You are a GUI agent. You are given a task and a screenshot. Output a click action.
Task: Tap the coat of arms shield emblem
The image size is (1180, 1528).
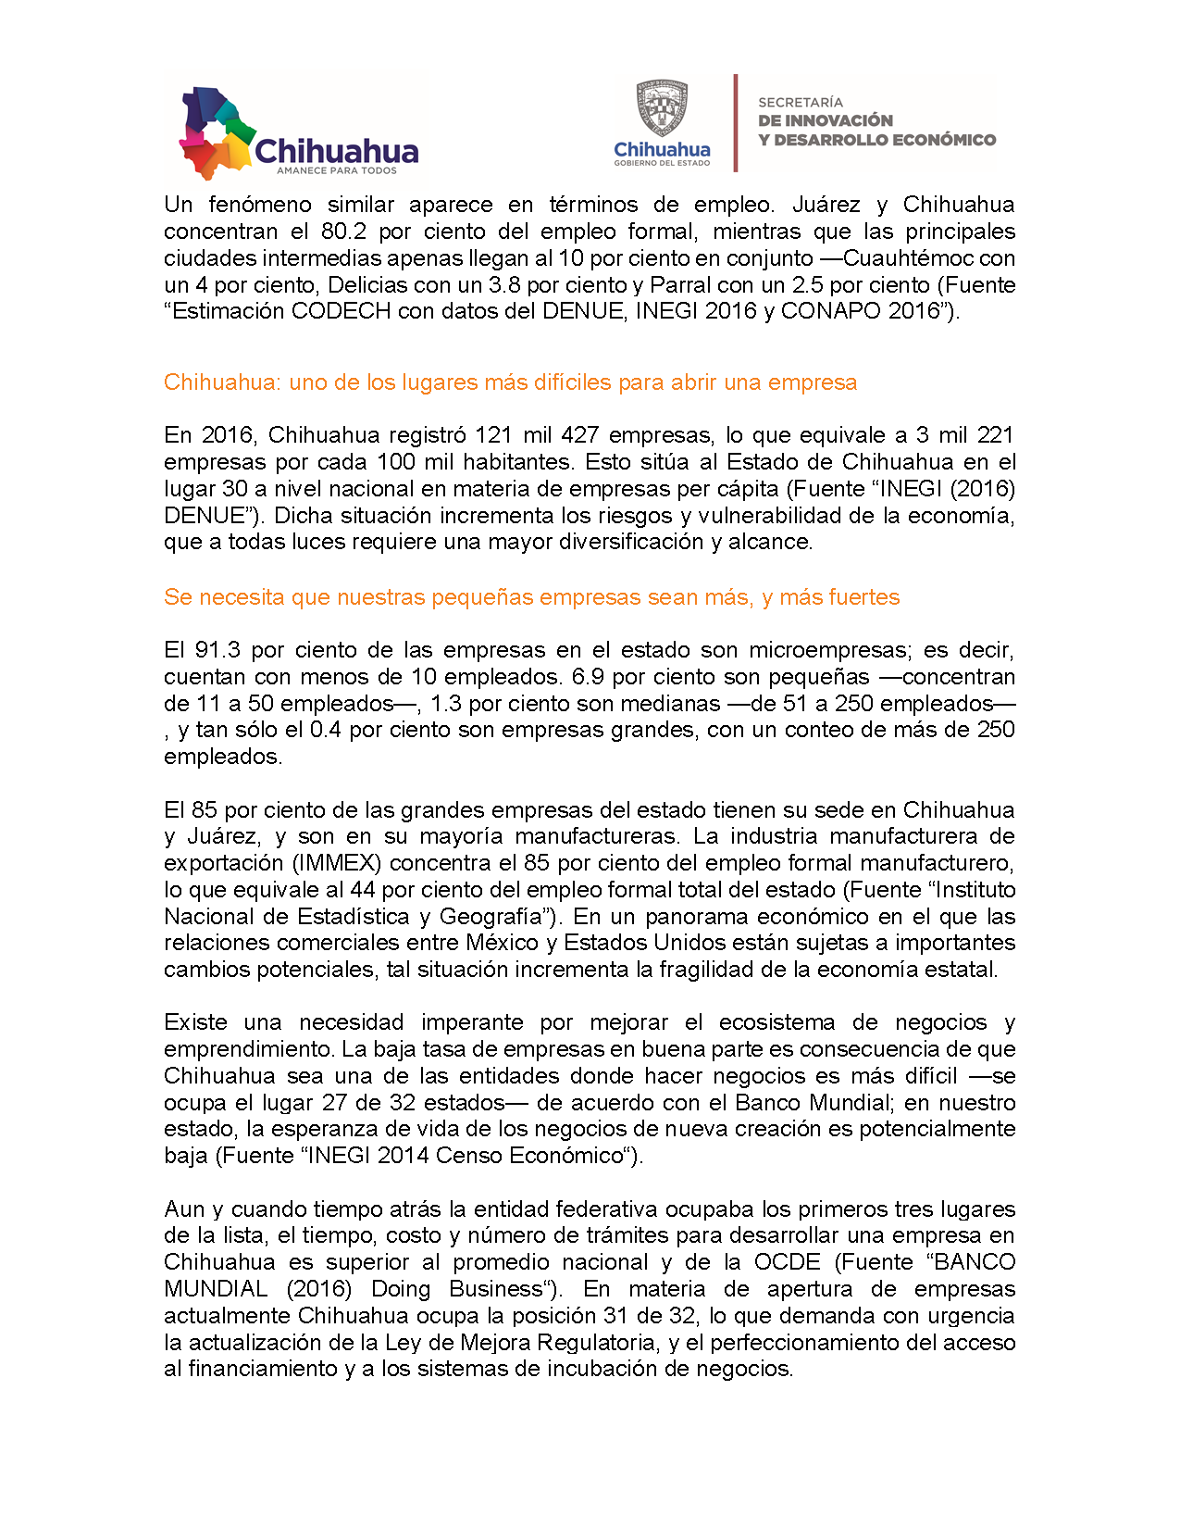coord(662,108)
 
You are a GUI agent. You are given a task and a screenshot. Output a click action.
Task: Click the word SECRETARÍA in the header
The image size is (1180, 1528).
coord(801,102)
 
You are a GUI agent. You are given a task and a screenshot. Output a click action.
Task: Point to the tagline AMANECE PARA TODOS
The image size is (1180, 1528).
coord(337,170)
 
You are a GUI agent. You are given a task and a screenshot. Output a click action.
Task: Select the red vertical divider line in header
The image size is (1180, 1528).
coord(736,123)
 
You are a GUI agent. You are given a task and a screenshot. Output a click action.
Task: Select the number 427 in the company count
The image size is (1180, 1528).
coord(580,435)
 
